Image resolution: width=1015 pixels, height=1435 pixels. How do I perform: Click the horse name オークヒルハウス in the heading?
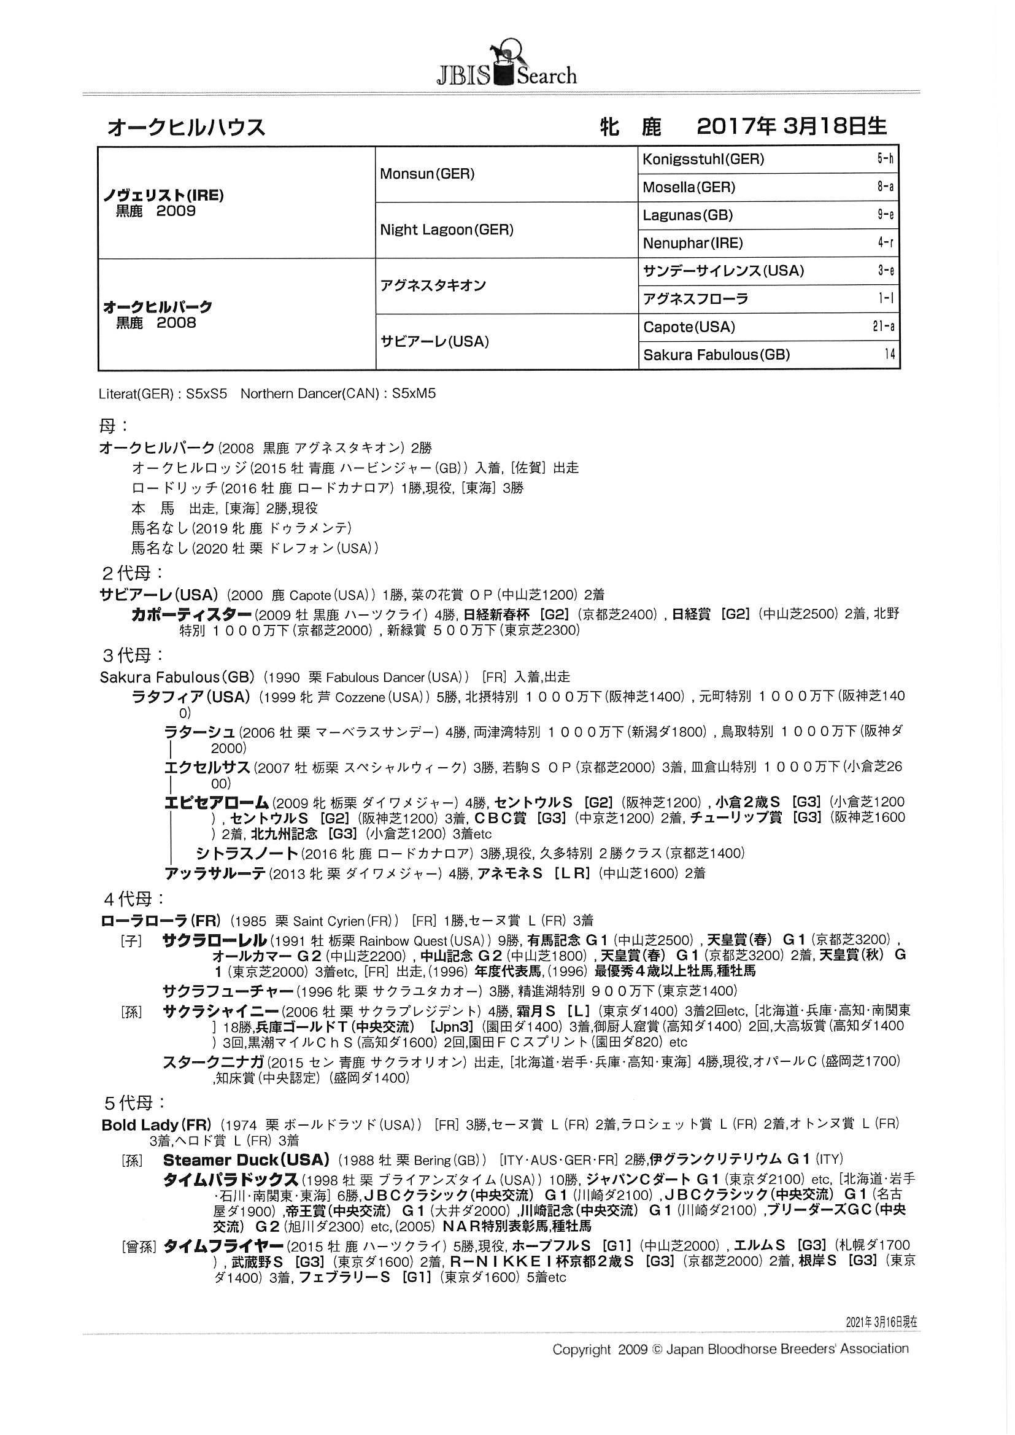click(x=187, y=128)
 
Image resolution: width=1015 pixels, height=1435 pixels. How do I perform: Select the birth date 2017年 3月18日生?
click(x=790, y=127)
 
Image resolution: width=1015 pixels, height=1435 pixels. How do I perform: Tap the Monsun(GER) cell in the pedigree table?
click(x=427, y=174)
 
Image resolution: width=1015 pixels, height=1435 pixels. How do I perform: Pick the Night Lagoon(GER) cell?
click(x=446, y=230)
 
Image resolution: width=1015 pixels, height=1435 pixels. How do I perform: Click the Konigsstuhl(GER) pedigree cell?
click(x=703, y=160)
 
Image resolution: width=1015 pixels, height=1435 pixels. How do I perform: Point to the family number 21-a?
click(x=884, y=327)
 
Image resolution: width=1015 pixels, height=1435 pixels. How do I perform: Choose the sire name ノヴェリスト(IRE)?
click(x=163, y=195)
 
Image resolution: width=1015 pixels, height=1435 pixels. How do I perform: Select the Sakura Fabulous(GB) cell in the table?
click(x=716, y=355)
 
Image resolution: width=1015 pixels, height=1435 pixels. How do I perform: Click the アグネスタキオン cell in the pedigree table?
click(x=433, y=285)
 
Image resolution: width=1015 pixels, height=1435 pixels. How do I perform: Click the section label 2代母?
click(x=133, y=573)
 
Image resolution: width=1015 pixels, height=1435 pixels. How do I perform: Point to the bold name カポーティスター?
click(x=191, y=614)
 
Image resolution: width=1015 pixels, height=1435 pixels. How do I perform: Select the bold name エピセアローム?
click(x=216, y=802)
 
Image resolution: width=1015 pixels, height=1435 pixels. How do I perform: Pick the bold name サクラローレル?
click(x=214, y=940)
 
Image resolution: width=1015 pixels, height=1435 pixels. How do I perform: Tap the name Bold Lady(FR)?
click(x=156, y=1125)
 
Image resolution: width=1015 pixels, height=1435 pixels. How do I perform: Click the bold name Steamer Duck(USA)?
click(x=245, y=1160)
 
